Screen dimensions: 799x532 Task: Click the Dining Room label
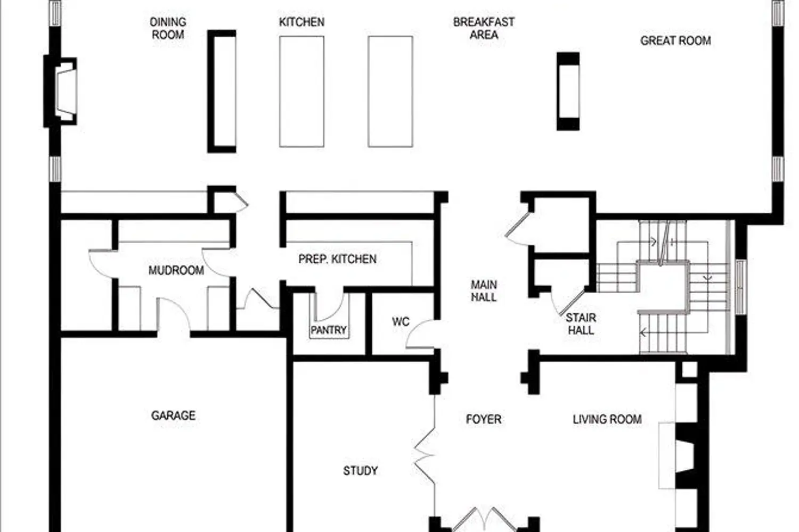pyautogui.click(x=168, y=28)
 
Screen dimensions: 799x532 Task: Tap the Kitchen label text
pyautogui.click(x=301, y=22)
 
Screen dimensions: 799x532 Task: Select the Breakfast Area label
pyautogui.click(x=484, y=28)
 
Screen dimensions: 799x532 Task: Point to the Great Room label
pyautogui.click(x=675, y=40)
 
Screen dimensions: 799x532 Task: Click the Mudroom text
pyautogui.click(x=176, y=270)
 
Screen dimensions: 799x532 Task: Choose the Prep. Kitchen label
pyautogui.click(x=337, y=259)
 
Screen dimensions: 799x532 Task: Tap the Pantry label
pyautogui.click(x=329, y=330)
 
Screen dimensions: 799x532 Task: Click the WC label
pyautogui.click(x=401, y=322)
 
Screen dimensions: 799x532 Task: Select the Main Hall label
pyautogui.click(x=484, y=291)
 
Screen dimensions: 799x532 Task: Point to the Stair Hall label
pyautogui.click(x=581, y=324)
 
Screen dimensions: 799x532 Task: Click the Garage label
pyautogui.click(x=173, y=415)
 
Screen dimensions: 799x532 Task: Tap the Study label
pyautogui.click(x=360, y=471)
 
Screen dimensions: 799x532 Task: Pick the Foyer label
pyautogui.click(x=484, y=419)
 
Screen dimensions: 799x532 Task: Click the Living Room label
pyautogui.click(x=607, y=419)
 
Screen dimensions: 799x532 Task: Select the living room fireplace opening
pyautogui.click(x=685, y=456)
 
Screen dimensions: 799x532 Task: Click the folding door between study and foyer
pyautogui.click(x=425, y=456)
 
